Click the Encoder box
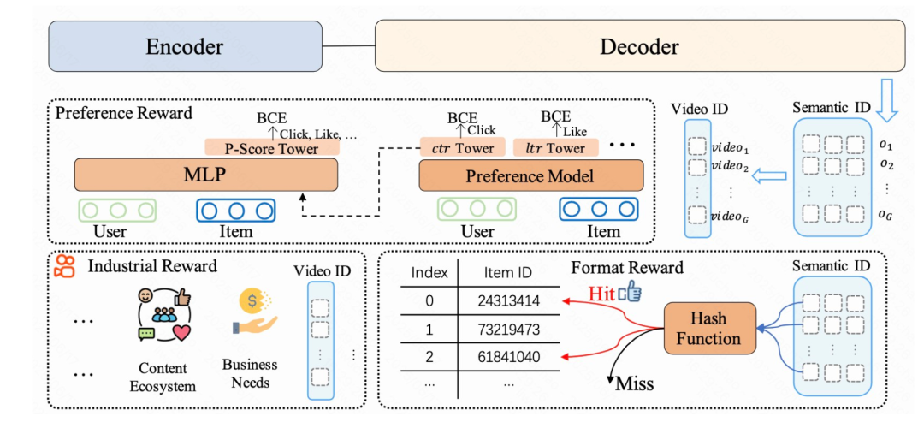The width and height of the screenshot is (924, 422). pyautogui.click(x=185, y=46)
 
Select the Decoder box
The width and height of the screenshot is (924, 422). pyautogui.click(x=639, y=46)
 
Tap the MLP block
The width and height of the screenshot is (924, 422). pyautogui.click(x=205, y=175)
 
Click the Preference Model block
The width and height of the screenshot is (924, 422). pyautogui.click(x=531, y=175)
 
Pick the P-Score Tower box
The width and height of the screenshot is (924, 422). pyautogui.click(x=272, y=147)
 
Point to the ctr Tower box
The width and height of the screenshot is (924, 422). pyautogui.click(x=463, y=147)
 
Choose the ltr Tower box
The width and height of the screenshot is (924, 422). pyautogui.click(x=556, y=147)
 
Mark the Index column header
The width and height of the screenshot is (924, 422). pyautogui.click(x=429, y=273)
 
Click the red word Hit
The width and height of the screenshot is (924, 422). pyautogui.click(x=602, y=293)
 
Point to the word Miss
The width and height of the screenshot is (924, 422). pyautogui.click(x=635, y=384)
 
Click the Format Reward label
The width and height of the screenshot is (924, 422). pyautogui.click(x=627, y=267)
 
